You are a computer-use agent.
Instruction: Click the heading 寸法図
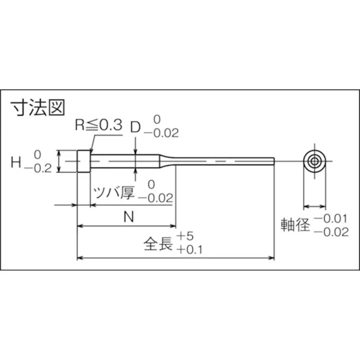(38, 108)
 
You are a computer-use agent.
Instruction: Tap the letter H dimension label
(16, 162)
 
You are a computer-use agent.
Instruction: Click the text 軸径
(295, 225)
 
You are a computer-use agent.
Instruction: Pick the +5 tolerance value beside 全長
(186, 236)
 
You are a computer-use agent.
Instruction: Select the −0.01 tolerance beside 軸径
(331, 219)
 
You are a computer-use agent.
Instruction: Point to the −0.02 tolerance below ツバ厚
(156, 198)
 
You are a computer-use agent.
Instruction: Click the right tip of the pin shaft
(273, 161)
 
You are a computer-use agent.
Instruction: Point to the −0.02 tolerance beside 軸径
(331, 232)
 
